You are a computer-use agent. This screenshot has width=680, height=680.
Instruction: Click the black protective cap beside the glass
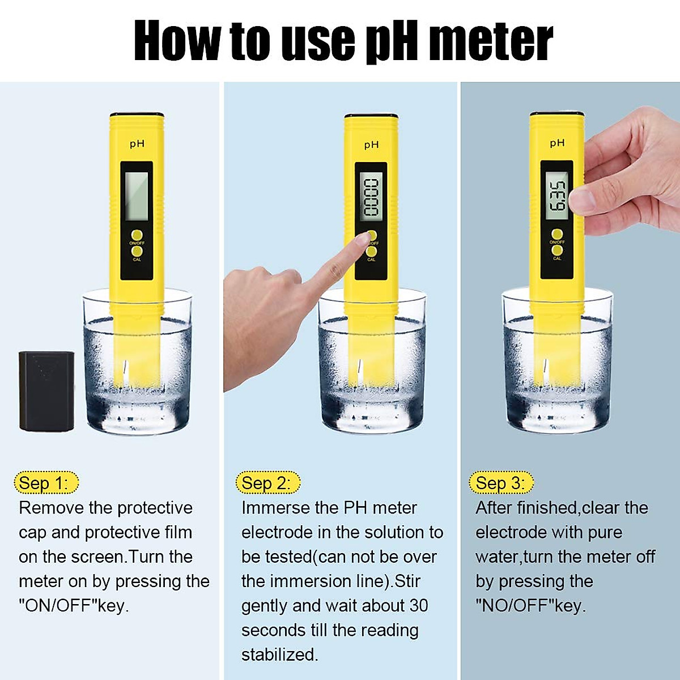pos(46,391)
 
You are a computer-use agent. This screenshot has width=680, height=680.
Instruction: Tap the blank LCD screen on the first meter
pos(137,196)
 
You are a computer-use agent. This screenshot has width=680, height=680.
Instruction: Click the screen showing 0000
pos(371,197)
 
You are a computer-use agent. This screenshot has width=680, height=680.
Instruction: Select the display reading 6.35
pos(556,195)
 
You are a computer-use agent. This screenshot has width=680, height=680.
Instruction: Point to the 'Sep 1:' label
pos(45,483)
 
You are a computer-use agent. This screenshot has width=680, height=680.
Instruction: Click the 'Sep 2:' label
pos(267,483)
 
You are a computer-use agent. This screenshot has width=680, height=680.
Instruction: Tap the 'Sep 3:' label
pos(501,483)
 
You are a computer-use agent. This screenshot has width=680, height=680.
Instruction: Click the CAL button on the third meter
pos(556,250)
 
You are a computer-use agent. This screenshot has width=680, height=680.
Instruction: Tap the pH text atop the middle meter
pos(371,145)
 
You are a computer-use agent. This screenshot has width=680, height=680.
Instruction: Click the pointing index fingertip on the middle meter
pos(362,240)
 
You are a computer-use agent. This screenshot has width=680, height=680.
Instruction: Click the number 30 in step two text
pos(418,605)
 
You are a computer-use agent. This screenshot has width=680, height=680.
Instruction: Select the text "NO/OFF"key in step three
pos(530,605)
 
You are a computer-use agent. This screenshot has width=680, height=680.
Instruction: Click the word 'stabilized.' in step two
pos(279,654)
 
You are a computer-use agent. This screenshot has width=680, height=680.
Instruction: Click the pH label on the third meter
pos(556,143)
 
